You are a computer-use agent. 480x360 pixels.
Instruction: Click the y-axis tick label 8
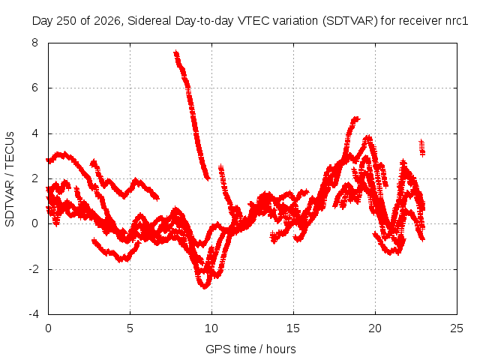point(34,43)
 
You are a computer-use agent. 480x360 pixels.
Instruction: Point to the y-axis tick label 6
point(34,88)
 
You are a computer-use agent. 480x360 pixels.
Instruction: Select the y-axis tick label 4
point(34,133)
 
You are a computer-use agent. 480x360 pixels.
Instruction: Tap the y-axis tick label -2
point(33,269)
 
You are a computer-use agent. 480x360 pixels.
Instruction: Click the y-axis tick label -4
point(33,314)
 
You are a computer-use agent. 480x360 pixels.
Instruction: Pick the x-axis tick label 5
point(130,328)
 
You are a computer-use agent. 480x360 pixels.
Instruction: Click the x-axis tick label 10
point(211,328)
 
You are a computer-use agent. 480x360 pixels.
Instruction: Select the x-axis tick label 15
point(293,328)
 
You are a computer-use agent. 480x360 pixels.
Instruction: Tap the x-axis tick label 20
point(375,328)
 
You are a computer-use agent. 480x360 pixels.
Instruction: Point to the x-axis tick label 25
point(457,328)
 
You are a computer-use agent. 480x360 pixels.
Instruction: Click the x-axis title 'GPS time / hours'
point(250,349)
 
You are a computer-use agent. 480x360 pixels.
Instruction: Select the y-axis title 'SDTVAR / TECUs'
point(10,179)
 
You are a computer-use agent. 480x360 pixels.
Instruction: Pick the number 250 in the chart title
point(68,21)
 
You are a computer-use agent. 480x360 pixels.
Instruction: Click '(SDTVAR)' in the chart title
point(350,21)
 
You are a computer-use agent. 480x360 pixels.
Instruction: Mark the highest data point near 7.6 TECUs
point(175,52)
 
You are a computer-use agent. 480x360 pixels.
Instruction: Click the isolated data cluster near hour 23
point(422,148)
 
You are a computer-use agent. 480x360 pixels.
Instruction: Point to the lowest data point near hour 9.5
point(205,286)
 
